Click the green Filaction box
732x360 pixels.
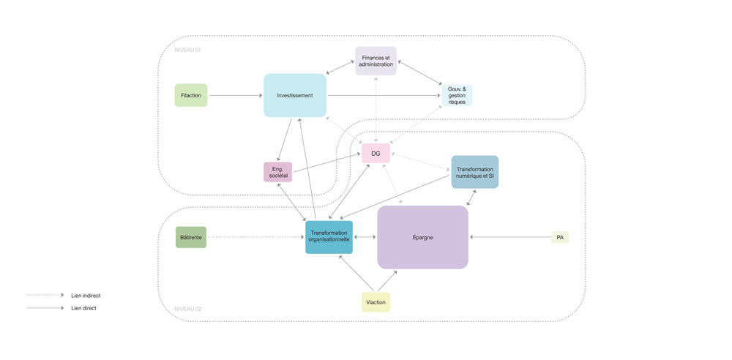pyautogui.click(x=191, y=95)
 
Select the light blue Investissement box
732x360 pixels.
pyautogui.click(x=295, y=95)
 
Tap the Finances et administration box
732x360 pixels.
pyautogui.click(x=376, y=61)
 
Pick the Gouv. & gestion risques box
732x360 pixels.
pyautogui.click(x=457, y=95)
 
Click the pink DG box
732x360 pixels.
pyautogui.click(x=376, y=153)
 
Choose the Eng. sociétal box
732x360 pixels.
pyautogui.click(x=277, y=172)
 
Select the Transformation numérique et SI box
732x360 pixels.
pyautogui.click(x=474, y=172)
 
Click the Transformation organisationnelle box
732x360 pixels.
pyautogui.click(x=329, y=237)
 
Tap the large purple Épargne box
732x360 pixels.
pyautogui.click(x=422, y=237)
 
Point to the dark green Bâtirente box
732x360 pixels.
pyautogui.click(x=191, y=237)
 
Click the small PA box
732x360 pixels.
pyautogui.click(x=560, y=237)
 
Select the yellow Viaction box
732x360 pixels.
pyautogui.click(x=376, y=301)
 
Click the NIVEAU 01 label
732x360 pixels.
pyautogui.click(x=187, y=50)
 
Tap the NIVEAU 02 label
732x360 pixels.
pyautogui.click(x=187, y=309)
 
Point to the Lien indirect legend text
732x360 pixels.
pyautogui.click(x=86, y=296)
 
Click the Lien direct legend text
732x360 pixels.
pyautogui.click(x=83, y=308)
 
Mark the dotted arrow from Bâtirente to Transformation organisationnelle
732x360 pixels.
pyautogui.click(x=255, y=237)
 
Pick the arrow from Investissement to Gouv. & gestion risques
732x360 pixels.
pyautogui.click(x=384, y=95)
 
